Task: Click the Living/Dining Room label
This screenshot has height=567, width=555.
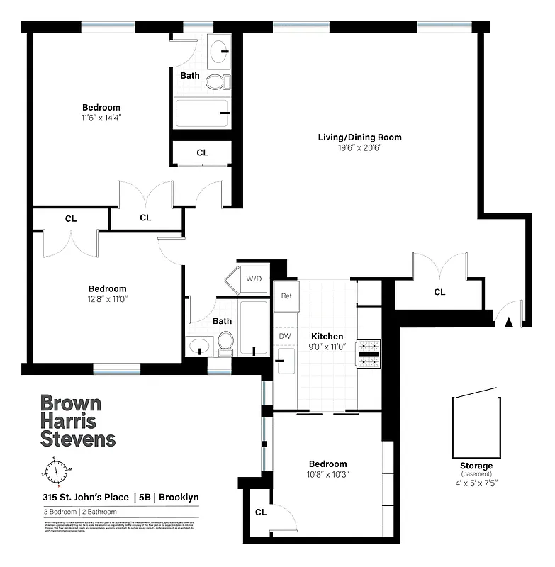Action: (x=359, y=137)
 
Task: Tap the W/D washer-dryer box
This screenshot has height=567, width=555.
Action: (x=254, y=279)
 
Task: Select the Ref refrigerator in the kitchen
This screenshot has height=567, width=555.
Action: (x=287, y=296)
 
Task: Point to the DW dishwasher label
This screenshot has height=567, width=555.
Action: (x=285, y=336)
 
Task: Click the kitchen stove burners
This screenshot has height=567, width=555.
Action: (x=369, y=354)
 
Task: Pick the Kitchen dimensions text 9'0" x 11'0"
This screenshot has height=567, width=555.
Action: (x=327, y=347)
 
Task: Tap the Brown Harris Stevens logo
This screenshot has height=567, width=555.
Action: (x=77, y=421)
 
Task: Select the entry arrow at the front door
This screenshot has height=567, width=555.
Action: (x=508, y=321)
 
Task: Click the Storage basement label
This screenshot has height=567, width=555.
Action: (x=476, y=466)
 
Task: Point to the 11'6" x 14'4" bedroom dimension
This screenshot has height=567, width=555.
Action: (x=101, y=118)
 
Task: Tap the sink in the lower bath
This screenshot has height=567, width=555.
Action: (x=199, y=348)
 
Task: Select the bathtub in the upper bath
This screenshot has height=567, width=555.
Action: (x=203, y=113)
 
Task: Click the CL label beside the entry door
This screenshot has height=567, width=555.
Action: (x=439, y=292)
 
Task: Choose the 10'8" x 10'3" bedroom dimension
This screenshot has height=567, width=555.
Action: (x=327, y=474)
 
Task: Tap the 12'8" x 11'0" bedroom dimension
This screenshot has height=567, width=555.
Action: (x=107, y=298)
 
